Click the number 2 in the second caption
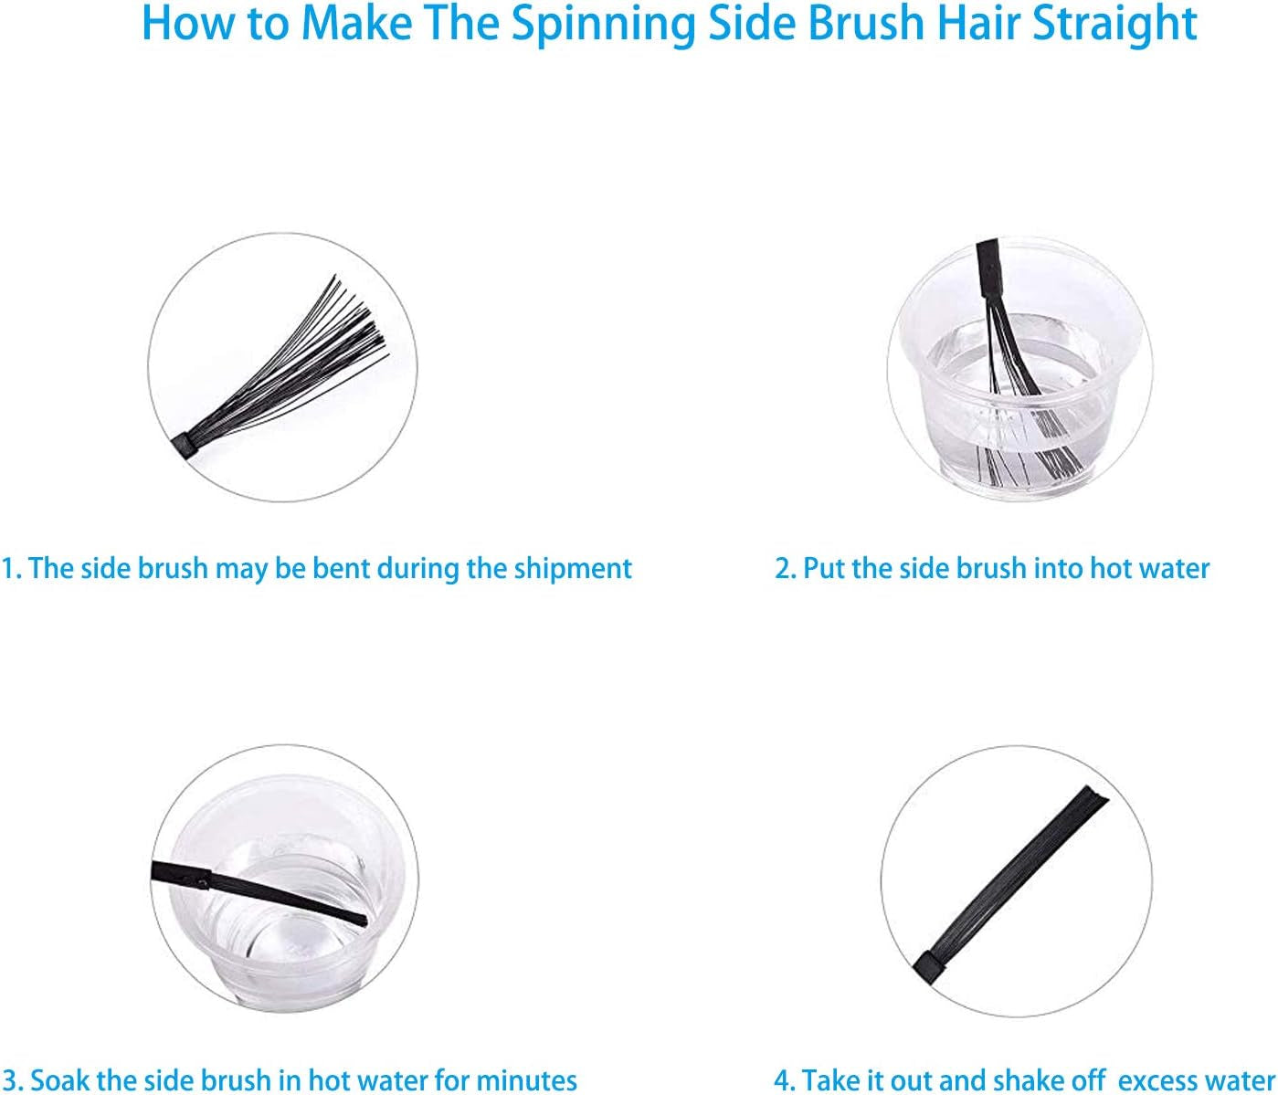point(782,568)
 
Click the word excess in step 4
point(1153,1080)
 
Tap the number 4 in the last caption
point(782,1080)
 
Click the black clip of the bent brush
point(183,445)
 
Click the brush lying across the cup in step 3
point(259,893)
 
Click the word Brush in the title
point(867,23)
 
